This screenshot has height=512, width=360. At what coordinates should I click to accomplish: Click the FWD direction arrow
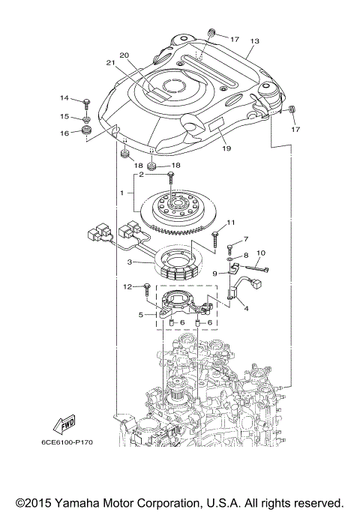pyautogui.click(x=67, y=424)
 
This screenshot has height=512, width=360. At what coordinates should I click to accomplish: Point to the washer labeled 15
pyautogui.click(x=87, y=118)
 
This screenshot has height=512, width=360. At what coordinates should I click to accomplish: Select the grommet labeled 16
pyautogui.click(x=87, y=132)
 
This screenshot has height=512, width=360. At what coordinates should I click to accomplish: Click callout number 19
pyautogui.click(x=226, y=148)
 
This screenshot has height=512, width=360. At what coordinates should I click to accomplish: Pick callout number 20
pyautogui.click(x=124, y=55)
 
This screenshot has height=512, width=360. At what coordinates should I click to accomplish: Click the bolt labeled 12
pyautogui.click(x=146, y=287)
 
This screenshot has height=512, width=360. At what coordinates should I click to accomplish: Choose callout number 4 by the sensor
pyautogui.click(x=244, y=307)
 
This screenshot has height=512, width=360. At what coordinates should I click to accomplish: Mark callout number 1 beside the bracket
pyautogui.click(x=121, y=193)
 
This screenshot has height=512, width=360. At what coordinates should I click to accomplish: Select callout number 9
pyautogui.click(x=214, y=274)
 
